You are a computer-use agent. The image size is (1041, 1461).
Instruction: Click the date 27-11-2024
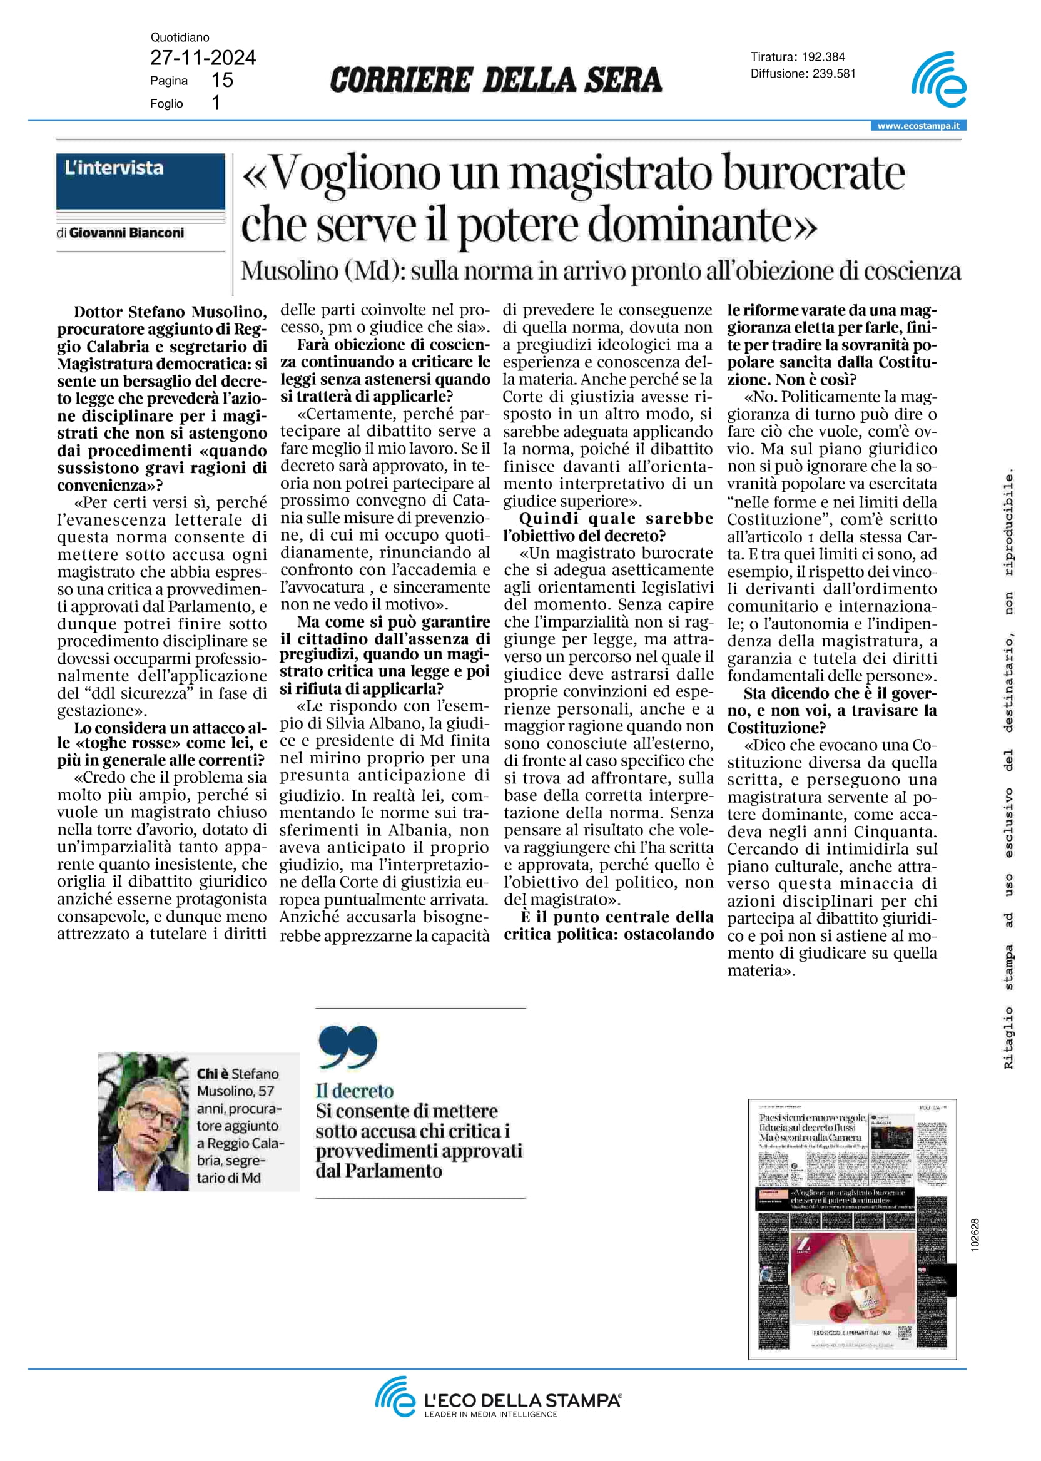(x=203, y=58)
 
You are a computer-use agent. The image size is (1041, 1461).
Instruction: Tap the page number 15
(x=222, y=80)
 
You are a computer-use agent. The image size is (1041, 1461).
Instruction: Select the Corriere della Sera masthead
(x=495, y=80)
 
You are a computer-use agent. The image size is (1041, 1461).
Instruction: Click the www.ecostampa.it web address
(x=918, y=126)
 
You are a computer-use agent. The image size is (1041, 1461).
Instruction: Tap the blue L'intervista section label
(x=140, y=180)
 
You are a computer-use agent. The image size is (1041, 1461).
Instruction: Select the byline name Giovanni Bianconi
(x=126, y=233)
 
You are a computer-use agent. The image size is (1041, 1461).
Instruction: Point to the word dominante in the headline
(x=702, y=226)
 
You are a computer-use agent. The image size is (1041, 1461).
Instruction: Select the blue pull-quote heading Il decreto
(x=355, y=1091)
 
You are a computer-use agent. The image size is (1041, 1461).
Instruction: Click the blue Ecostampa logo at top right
(x=938, y=80)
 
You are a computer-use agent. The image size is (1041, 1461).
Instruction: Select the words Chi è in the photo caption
(x=212, y=1074)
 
